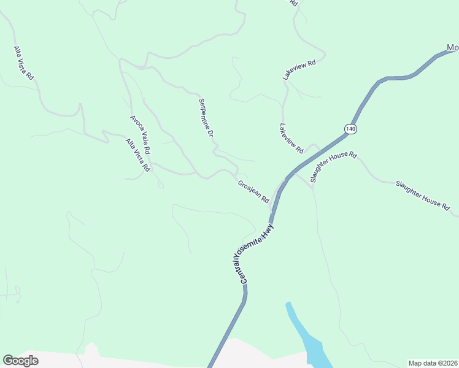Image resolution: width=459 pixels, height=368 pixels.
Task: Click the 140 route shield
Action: coord(350,129)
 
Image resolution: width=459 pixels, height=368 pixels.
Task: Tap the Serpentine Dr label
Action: coord(206,118)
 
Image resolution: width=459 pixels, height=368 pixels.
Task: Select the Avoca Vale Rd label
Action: coord(141,134)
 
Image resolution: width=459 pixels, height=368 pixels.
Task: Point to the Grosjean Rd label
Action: coord(253,191)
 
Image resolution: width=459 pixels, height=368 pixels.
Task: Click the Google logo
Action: coord(21,361)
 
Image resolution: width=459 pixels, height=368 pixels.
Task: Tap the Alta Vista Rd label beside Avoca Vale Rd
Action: coord(137,155)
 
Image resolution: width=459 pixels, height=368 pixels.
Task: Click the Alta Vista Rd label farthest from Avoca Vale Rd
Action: coord(24,63)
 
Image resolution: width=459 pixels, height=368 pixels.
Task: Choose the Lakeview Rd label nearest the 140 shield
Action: coord(291,139)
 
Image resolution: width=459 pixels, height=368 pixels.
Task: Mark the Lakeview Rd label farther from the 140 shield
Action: coord(299,71)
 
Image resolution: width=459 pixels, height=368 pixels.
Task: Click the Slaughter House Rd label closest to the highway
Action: coord(333,167)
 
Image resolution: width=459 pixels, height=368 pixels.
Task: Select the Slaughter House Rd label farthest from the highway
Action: coord(422,196)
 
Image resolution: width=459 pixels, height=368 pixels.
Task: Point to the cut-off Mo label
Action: coord(452,48)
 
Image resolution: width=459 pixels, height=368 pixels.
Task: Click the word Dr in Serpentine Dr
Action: coord(210,132)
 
